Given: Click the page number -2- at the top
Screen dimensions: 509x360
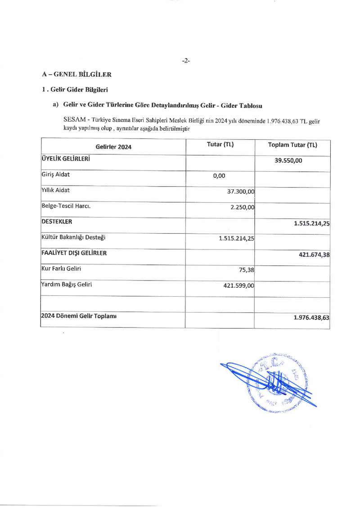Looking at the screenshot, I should [186, 60].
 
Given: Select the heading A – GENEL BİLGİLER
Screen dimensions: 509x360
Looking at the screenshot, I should [76, 74].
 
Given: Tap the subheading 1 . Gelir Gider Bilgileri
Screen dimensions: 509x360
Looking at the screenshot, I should [75, 89].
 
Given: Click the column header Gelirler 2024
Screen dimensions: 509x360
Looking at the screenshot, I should [113, 147].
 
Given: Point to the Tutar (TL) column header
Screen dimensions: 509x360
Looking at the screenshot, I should [220, 144].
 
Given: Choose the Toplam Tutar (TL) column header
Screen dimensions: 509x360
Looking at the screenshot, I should [292, 145].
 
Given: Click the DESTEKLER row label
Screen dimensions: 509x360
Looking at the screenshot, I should [57, 222].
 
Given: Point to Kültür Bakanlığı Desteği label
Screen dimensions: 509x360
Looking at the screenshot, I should [74, 237].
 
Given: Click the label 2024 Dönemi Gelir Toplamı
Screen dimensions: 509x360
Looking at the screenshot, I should [79, 316].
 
